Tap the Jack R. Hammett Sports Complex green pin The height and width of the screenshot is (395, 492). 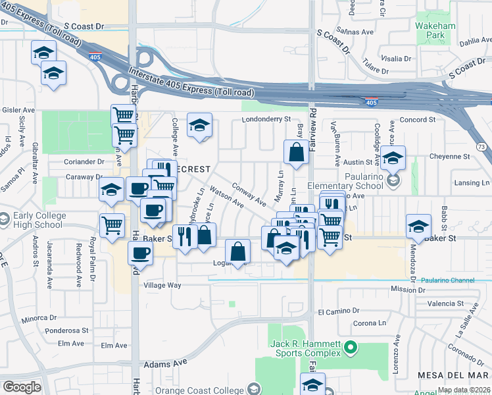[351, 346]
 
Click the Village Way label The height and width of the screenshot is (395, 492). [162, 285]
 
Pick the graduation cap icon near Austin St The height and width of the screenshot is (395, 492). [393, 158]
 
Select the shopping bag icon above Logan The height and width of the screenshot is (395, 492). [237, 251]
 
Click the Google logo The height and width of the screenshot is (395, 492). [22, 387]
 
